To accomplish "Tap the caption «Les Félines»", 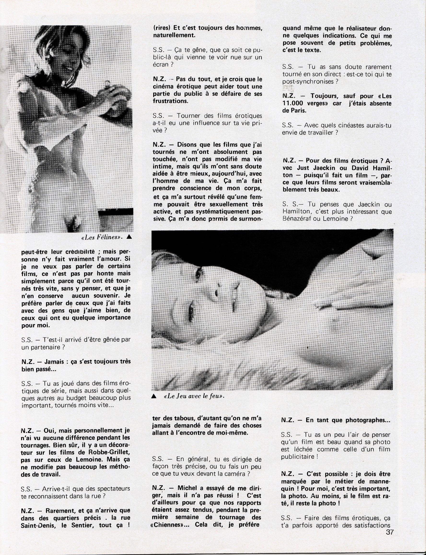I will (x=102, y=237).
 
